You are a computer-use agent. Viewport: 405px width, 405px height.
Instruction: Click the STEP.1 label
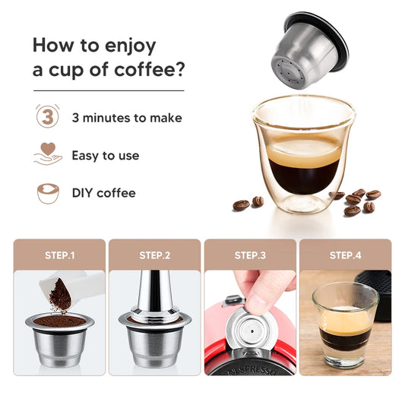click(61, 255)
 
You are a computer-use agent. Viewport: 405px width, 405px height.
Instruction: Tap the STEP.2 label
click(155, 255)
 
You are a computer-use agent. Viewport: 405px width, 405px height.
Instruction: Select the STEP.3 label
click(250, 255)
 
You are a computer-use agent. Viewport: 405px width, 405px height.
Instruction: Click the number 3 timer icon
click(48, 118)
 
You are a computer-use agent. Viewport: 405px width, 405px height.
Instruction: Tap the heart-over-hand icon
click(48, 155)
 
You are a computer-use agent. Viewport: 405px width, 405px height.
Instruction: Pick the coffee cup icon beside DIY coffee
click(48, 193)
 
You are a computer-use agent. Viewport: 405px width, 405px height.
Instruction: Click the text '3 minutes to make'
click(127, 119)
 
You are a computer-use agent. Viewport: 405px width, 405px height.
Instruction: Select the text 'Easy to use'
click(106, 156)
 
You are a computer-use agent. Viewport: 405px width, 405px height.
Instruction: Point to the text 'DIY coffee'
click(103, 193)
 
